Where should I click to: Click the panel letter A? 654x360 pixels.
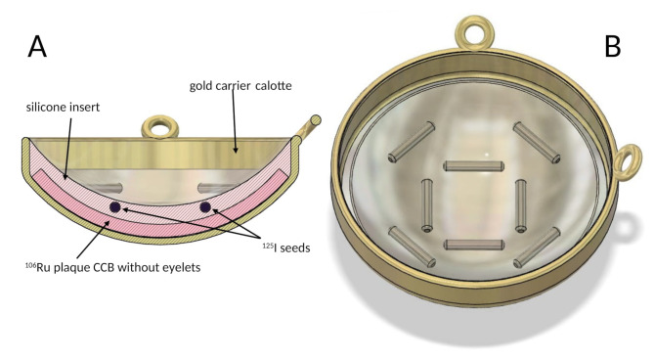click(x=37, y=46)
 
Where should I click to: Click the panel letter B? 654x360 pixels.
click(x=612, y=46)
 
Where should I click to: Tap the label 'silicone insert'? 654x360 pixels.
click(x=63, y=108)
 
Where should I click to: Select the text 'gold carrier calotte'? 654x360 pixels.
click(x=240, y=85)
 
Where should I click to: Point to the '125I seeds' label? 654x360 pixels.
click(x=286, y=247)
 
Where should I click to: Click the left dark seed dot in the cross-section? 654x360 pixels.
click(x=115, y=207)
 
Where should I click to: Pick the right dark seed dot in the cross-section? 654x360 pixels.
click(x=205, y=207)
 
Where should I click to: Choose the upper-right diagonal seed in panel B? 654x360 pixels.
click(x=537, y=142)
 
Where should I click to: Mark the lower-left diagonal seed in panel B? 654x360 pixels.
click(x=413, y=247)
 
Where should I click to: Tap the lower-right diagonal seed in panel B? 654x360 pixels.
click(x=537, y=247)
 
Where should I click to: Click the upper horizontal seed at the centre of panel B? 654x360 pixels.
click(x=474, y=166)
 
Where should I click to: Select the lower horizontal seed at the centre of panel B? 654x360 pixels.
click(x=474, y=245)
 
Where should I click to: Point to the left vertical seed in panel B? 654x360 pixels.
click(x=426, y=205)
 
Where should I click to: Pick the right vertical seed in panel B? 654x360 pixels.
click(x=520, y=205)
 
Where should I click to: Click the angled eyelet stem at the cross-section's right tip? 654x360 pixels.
click(x=308, y=127)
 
